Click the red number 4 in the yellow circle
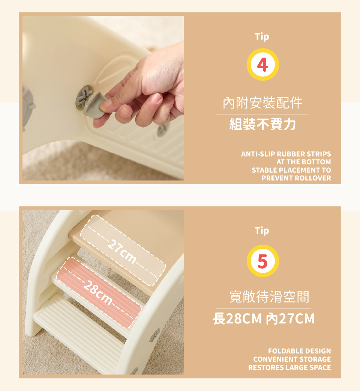pos(262,65)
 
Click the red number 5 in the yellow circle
pos(262,261)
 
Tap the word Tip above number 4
pos(262,37)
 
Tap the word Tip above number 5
pos(262,231)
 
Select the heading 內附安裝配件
pos(262,103)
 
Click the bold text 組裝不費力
pos(262,124)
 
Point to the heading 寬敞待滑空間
pos(269,297)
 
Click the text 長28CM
pos(237,319)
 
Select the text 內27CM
pos(290,319)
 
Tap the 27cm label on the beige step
pos(122,251)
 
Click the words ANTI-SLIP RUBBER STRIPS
pos(286,154)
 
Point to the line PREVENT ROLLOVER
pos(296,178)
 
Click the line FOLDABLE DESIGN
pos(300,351)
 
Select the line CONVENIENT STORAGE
pos(292,359)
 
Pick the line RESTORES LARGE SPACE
pos(289,367)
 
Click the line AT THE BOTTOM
pos(304,162)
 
